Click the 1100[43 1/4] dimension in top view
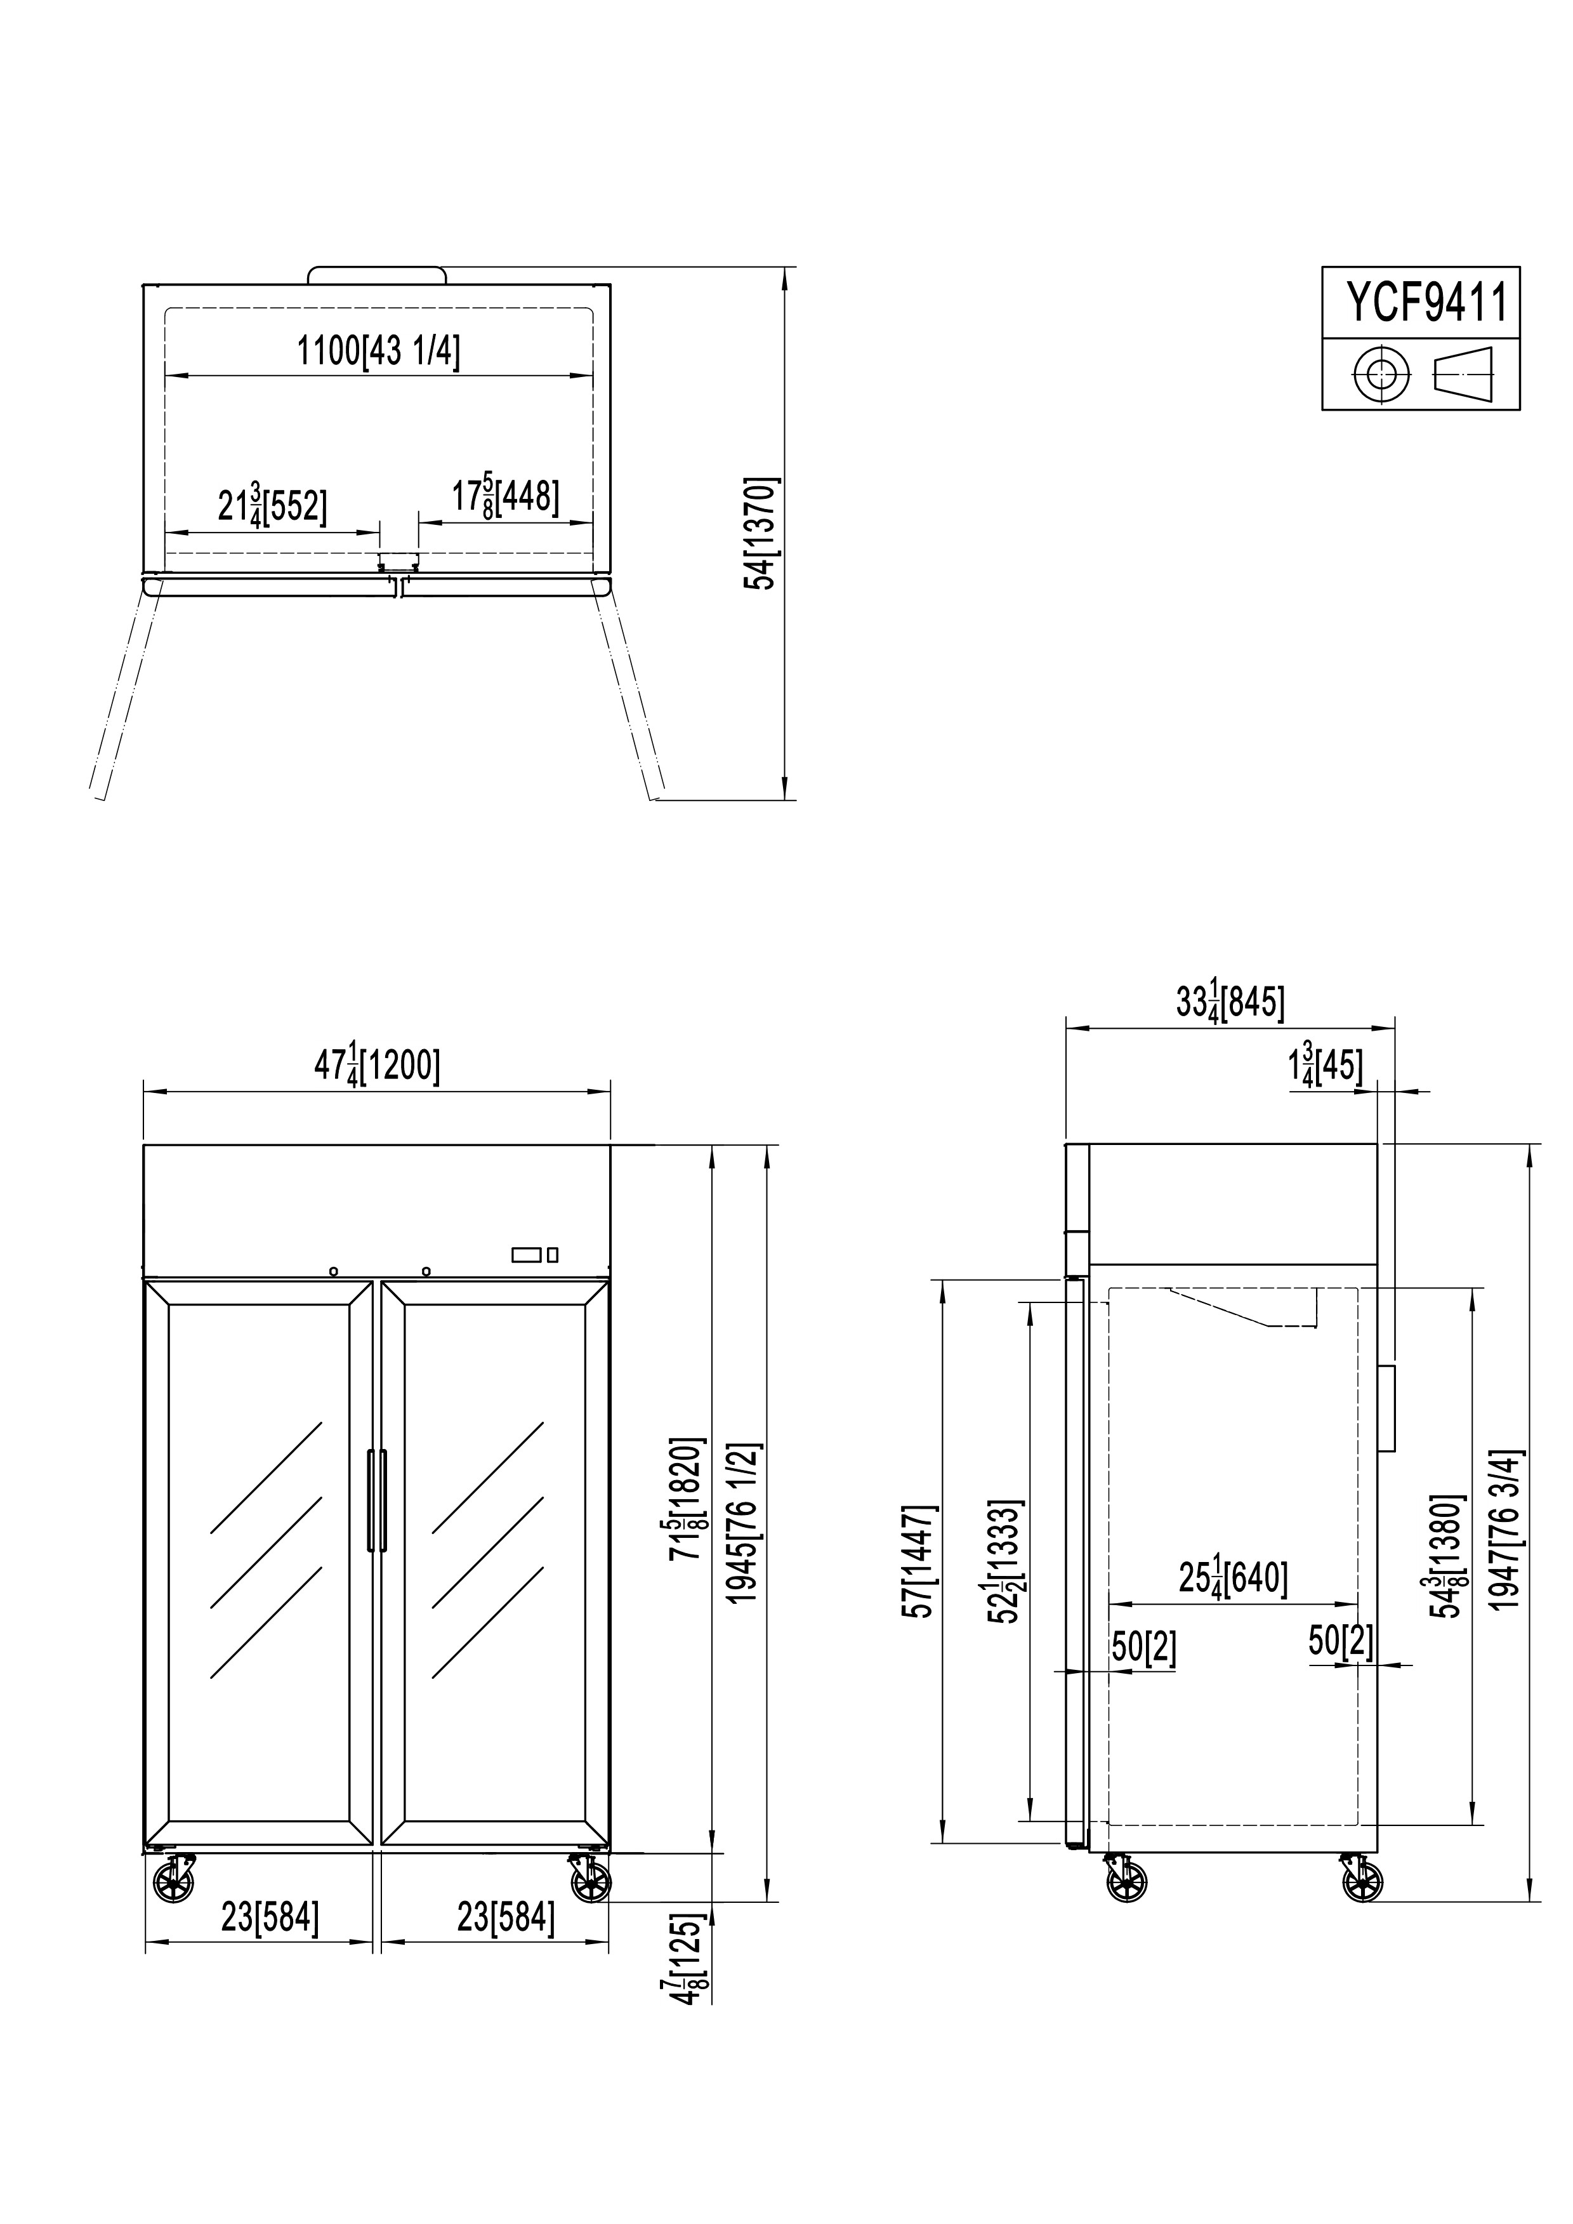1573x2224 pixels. pos(378,350)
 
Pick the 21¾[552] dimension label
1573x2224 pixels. pos(272,506)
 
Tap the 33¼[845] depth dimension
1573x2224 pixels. pos(1230,1002)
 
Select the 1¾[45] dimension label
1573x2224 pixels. pos(1325,1066)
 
